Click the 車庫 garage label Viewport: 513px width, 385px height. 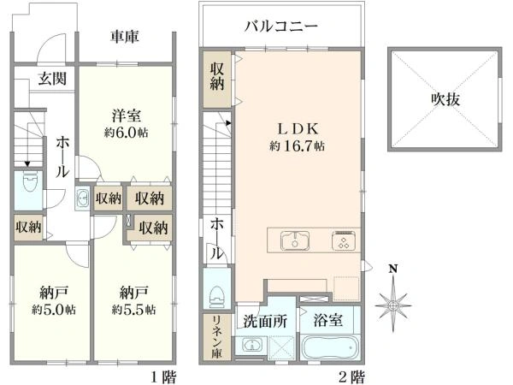[125, 38]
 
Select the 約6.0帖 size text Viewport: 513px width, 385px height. [125, 133]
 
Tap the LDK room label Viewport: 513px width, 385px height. [297, 128]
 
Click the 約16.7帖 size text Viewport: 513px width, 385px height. [297, 146]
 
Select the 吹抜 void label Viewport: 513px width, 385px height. [445, 99]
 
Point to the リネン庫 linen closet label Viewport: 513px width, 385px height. [217, 337]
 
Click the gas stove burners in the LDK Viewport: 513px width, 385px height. [344, 240]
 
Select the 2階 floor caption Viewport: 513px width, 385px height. [351, 376]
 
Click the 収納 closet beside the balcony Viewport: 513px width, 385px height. [217, 80]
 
